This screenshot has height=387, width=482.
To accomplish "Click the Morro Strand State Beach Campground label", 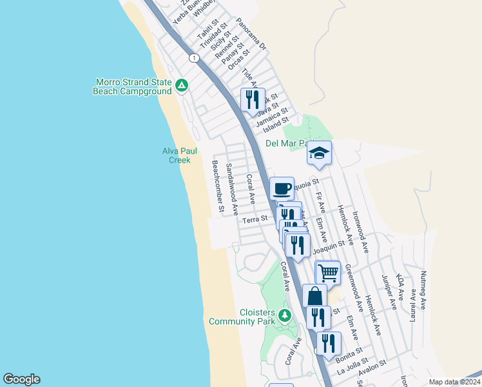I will (x=133, y=86).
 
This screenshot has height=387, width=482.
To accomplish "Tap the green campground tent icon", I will (x=182, y=84).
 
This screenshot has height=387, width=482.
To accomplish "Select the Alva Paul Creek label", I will (x=179, y=155).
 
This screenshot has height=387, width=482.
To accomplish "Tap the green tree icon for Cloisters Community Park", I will (x=285, y=315).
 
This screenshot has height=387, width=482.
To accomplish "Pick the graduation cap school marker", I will (x=319, y=153).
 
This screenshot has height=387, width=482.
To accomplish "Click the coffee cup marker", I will (x=282, y=188).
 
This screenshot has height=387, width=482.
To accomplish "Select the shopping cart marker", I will (x=328, y=272).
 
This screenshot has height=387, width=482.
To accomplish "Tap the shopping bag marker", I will (x=315, y=296).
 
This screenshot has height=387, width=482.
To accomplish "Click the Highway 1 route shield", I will (x=193, y=58).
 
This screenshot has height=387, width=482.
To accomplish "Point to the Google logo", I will (x=21, y=379).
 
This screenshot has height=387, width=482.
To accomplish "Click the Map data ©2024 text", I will (x=454, y=382).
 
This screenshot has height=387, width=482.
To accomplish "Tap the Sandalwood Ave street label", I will (x=233, y=189).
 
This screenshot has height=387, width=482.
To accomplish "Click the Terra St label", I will (x=255, y=220).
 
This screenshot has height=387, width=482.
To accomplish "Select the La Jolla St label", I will (x=353, y=367).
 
